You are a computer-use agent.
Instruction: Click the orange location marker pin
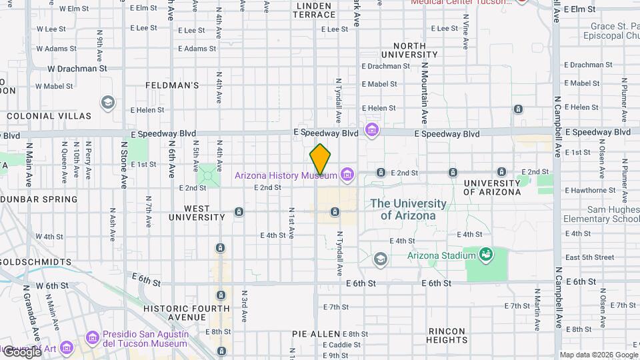pyautogui.click(x=320, y=159)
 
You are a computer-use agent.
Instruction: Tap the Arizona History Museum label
pyautogui.click(x=286, y=175)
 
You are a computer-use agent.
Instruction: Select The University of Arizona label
pyautogui.click(x=408, y=209)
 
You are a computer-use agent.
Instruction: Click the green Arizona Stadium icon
pyautogui.click(x=487, y=254)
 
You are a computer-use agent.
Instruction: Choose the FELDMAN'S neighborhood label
pyautogui.click(x=172, y=85)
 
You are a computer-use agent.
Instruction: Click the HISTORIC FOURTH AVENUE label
pyautogui.click(x=186, y=313)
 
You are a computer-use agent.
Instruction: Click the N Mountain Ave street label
pyautogui.click(x=423, y=94)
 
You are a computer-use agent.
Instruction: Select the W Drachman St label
pyautogui.click(x=77, y=68)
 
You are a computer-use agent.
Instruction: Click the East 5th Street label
pyautogui.click(x=589, y=257)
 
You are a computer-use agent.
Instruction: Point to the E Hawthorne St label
pyautogui.click(x=589, y=190)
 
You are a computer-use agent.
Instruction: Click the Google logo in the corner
pyautogui.click(x=21, y=351)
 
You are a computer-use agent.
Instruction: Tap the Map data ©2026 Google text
pyautogui.click(x=598, y=355)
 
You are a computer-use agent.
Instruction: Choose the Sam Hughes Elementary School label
pyautogui.click(x=601, y=214)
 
